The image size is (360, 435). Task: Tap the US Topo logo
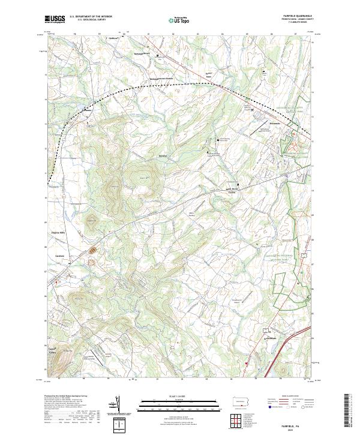[x=179, y=20]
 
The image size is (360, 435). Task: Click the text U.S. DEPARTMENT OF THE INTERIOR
[x=91, y=16]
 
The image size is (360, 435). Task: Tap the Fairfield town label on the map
[x=59, y=255]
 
